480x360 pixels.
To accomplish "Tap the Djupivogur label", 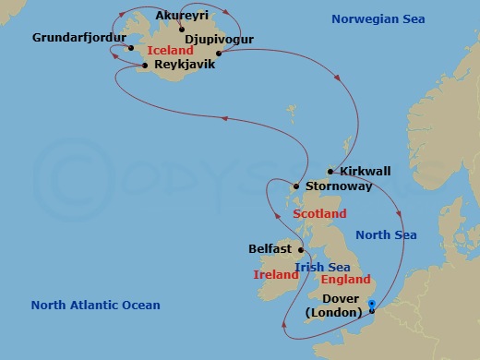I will click(x=220, y=40).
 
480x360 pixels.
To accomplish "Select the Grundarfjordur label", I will click(x=78, y=38).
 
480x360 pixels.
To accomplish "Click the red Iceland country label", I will click(x=170, y=52).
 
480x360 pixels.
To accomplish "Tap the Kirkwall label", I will click(x=366, y=172).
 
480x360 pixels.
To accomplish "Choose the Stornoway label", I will click(x=339, y=186).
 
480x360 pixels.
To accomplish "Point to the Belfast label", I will click(x=270, y=249).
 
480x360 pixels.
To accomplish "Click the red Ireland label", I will click(x=275, y=275).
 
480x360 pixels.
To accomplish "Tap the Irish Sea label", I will click(x=321, y=268).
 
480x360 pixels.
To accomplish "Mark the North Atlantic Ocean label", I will click(x=95, y=306).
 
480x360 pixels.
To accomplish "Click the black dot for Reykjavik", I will click(x=146, y=66).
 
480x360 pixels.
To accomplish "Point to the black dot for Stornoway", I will click(x=294, y=186).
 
